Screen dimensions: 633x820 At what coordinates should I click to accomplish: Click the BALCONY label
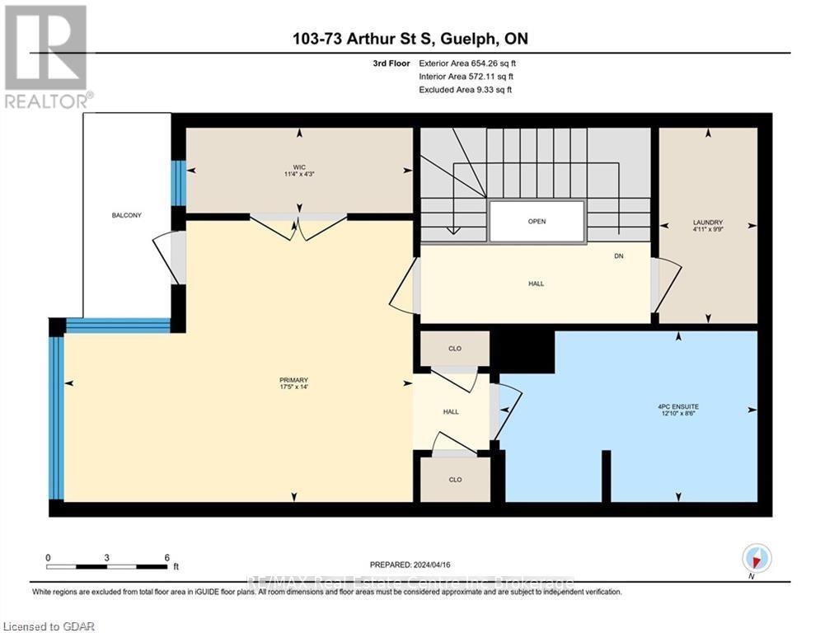(127, 215)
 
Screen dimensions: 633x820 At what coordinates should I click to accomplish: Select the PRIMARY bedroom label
(293, 380)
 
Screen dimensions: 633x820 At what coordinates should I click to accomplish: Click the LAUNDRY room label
(707, 223)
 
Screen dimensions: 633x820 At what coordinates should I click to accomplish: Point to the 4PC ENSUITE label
(678, 406)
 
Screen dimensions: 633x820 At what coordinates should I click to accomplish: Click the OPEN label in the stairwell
(537, 221)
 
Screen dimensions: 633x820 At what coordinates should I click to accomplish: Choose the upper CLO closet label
(454, 349)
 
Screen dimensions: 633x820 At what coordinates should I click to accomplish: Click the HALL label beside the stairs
(537, 284)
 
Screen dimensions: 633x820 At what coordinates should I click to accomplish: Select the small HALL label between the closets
(451, 411)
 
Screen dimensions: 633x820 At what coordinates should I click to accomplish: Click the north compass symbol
(757, 558)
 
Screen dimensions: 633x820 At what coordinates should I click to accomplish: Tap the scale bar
(107, 566)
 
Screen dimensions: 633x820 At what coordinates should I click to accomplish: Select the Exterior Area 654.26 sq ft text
(467, 63)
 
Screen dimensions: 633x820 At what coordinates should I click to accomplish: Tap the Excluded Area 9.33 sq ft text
(466, 89)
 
